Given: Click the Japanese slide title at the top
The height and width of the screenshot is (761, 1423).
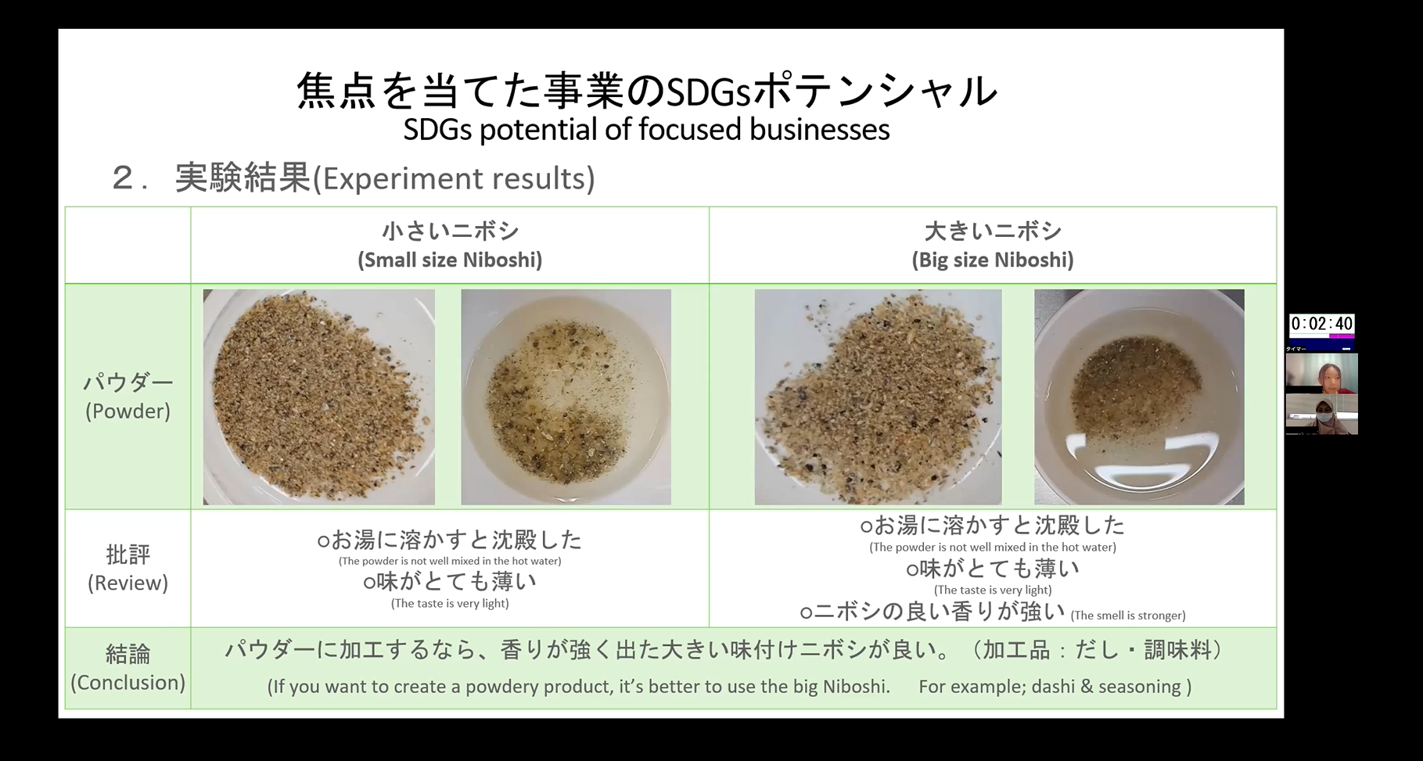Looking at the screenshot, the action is coord(647,91).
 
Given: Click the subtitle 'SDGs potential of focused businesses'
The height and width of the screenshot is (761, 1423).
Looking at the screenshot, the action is coord(646,130).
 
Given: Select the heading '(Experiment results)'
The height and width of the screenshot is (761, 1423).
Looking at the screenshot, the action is coord(454,179).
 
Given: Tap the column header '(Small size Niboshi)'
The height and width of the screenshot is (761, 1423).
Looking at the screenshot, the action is coord(450,260).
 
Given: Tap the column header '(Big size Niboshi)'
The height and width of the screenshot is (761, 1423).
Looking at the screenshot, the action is coord(993,260).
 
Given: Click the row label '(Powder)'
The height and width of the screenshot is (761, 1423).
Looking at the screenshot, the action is coord(128,411).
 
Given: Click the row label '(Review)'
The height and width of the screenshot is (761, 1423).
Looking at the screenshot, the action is coord(128,583).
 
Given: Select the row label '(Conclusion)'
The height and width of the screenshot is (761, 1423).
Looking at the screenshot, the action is coord(128,683).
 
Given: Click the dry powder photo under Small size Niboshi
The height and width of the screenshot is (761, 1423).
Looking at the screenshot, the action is coord(319,397).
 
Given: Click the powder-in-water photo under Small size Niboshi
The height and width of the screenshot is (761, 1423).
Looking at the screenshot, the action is coord(566,397).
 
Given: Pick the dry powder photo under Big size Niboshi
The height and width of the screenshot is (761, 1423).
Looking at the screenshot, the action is coord(878,397).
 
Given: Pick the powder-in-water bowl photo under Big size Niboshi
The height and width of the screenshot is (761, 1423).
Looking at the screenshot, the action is coord(1139,397).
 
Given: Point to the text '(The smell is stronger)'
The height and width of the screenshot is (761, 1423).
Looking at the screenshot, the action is coord(1128,616).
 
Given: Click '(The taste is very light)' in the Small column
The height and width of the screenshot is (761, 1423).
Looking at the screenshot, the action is coord(450,603).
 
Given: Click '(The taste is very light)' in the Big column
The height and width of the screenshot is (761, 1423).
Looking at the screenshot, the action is coord(993,590).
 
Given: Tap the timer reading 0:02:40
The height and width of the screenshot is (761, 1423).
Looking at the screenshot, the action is coord(1321,324).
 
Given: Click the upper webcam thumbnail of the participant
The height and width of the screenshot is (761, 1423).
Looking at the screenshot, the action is coord(1322,373).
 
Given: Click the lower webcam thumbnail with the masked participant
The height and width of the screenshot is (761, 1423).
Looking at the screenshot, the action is coord(1322,414).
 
